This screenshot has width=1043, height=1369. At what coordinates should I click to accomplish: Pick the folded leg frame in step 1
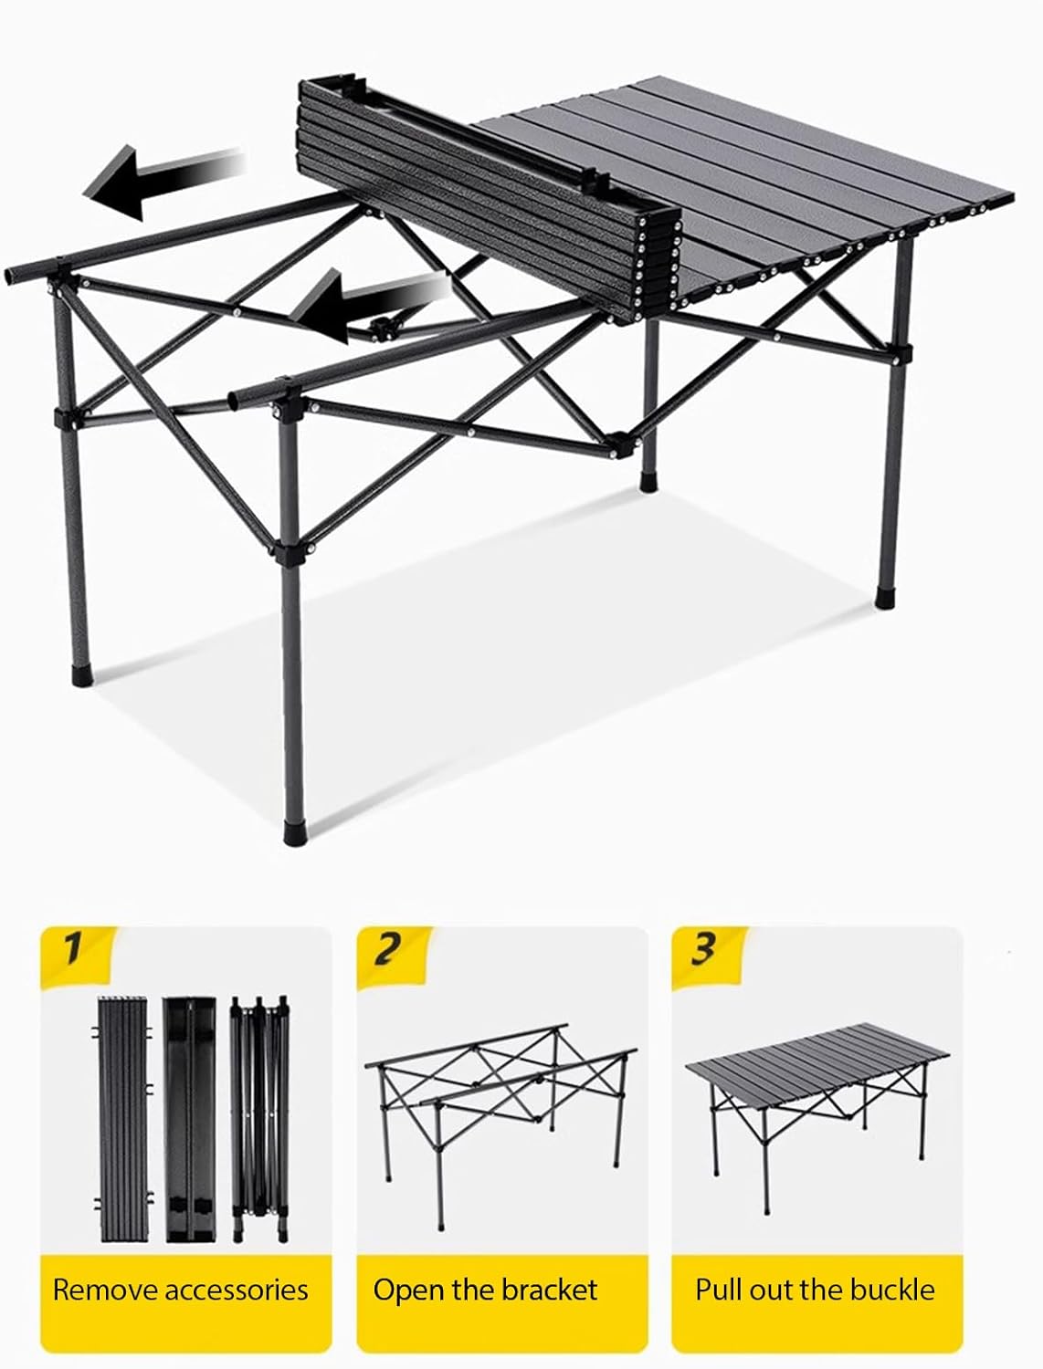coord(259,1107)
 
